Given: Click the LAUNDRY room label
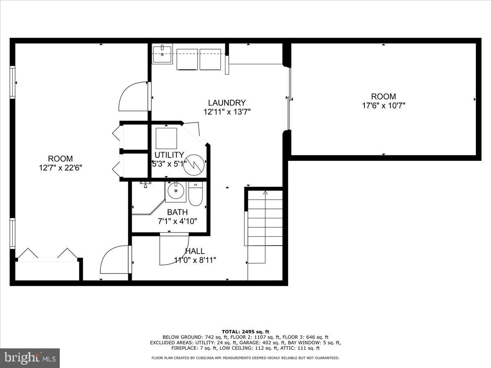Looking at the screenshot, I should point(227,103).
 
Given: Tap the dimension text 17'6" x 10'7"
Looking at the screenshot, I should point(383,105).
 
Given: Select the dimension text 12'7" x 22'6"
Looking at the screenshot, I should point(61,168).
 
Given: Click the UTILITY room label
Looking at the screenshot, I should point(169,155).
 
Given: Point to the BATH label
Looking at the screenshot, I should point(177,212).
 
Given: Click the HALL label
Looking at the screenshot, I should point(195,251).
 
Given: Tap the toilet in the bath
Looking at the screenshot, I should point(196,193).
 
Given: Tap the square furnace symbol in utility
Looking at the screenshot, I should point(167,138).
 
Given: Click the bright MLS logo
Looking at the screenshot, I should point(30,358).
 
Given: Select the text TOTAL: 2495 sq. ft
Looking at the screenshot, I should point(245,332).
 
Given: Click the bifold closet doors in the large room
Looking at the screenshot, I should point(46,254).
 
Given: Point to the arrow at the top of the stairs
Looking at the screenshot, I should point(265,192).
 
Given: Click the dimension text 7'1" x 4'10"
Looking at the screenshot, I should point(177,221).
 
